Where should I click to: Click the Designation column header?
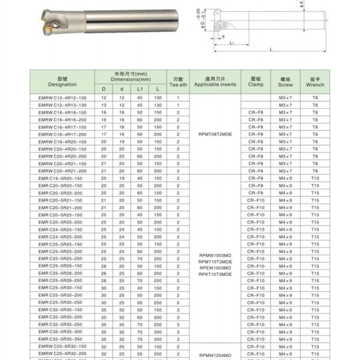(x=62, y=82)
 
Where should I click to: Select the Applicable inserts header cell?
(x=215, y=82)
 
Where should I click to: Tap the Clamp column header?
(x=256, y=82)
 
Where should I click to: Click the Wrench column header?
(x=315, y=82)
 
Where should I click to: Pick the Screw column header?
(x=285, y=82)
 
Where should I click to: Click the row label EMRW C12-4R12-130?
(x=62, y=98)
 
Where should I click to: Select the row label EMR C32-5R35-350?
(x=62, y=339)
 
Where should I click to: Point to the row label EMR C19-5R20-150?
(x=62, y=178)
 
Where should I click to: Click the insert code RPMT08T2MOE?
(x=215, y=134)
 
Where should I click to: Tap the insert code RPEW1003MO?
(x=215, y=268)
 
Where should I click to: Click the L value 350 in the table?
(x=158, y=339)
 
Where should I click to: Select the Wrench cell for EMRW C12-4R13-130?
(x=315, y=105)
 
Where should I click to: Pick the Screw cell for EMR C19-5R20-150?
(x=285, y=178)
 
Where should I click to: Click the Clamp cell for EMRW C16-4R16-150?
(x=256, y=112)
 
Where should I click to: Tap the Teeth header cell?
(x=178, y=82)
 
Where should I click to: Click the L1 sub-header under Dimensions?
(x=140, y=89)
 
